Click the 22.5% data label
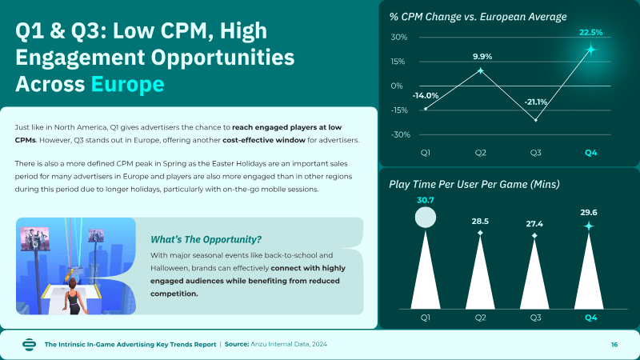click(x=590, y=32)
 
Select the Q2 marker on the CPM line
click(x=481, y=71)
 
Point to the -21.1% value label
click(x=536, y=102)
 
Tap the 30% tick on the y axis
click(x=398, y=37)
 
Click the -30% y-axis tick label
click(x=401, y=134)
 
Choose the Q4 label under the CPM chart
click(x=590, y=153)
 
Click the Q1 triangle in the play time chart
click(x=426, y=270)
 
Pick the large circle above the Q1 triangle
click(x=426, y=217)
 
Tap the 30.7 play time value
click(x=426, y=200)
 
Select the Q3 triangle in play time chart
click(x=534, y=274)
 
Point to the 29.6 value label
click(x=589, y=212)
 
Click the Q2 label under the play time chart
click(x=481, y=318)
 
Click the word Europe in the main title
click(x=127, y=84)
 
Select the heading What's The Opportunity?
click(x=206, y=239)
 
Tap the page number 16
click(x=614, y=345)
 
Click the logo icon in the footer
click(x=29, y=345)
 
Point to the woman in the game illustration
click(x=74, y=297)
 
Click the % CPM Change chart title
click(x=478, y=17)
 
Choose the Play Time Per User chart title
click(x=474, y=185)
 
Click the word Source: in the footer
click(x=237, y=344)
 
